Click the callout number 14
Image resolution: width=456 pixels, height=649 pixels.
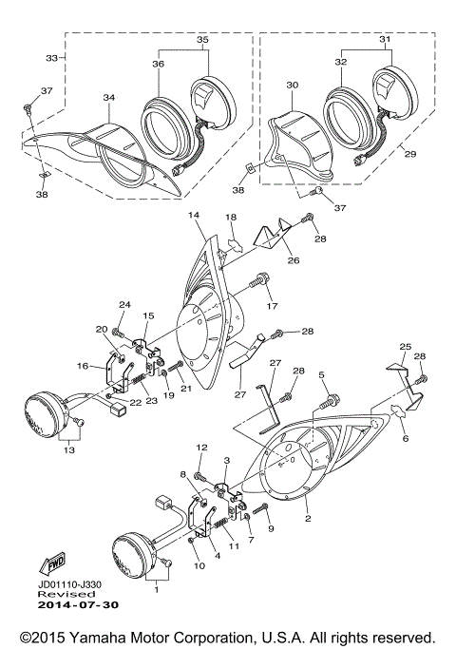(195, 217)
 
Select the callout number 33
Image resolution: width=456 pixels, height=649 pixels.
(51, 58)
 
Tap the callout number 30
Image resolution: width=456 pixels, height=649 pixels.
(292, 85)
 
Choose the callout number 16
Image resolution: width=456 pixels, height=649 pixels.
(82, 364)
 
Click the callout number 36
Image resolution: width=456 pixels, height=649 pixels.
(157, 63)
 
